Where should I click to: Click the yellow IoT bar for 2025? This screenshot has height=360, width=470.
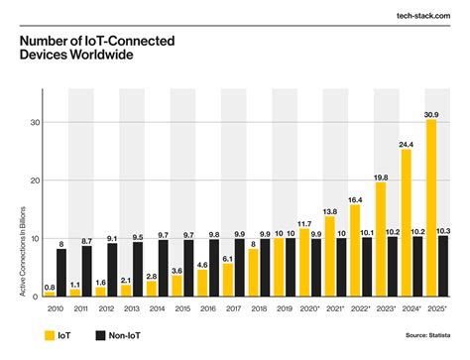(431, 208)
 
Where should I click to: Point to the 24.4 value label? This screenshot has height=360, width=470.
(407, 145)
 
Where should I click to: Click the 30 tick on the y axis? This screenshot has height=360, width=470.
(35, 123)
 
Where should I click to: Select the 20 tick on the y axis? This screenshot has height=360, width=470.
(35, 180)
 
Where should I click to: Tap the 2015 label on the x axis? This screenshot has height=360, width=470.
(182, 308)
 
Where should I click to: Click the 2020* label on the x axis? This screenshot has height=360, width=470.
(310, 308)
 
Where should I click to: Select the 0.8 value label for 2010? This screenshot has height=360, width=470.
(50, 287)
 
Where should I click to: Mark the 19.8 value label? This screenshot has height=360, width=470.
(381, 177)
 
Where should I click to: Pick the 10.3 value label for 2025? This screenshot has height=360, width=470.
(444, 230)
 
